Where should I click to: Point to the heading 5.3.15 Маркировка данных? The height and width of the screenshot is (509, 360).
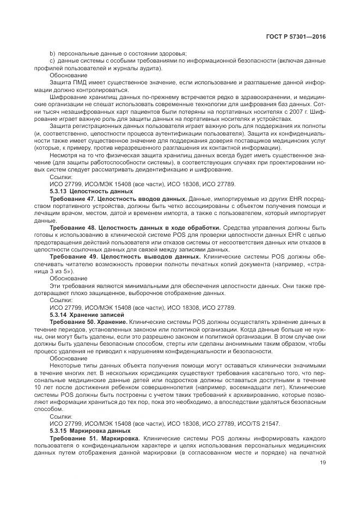click(x=91, y=430)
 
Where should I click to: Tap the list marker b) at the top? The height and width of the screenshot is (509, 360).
click(x=52, y=53)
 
